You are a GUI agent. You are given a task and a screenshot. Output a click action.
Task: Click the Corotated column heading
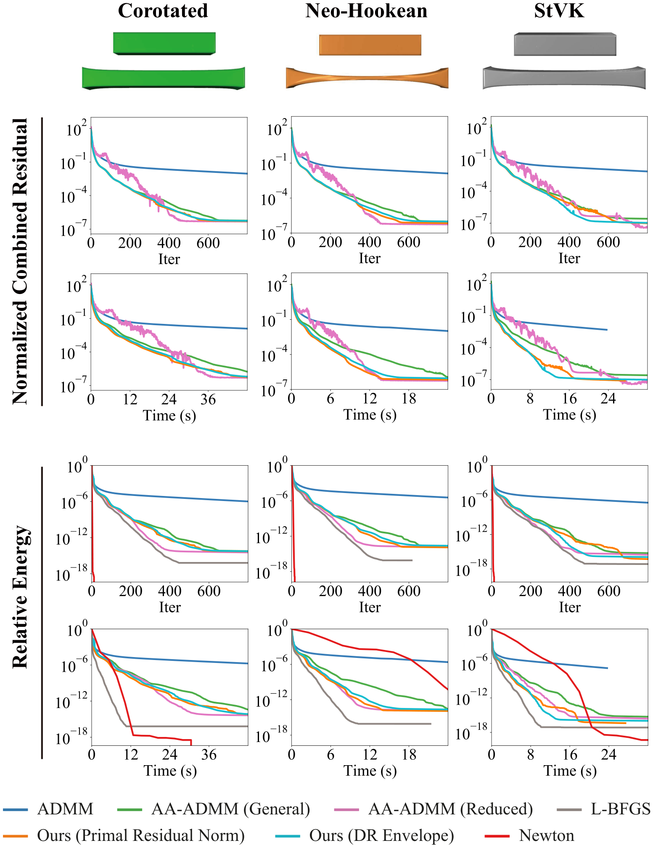tap(163, 11)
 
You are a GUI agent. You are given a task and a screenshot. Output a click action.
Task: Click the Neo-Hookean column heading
tap(366, 11)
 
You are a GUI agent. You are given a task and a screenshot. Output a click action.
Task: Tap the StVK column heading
tap(559, 11)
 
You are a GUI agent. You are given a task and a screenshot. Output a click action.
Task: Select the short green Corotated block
tap(164, 43)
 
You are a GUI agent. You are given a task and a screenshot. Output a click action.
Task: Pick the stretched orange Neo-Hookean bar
tap(367, 78)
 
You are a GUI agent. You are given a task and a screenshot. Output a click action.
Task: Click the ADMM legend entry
tap(48, 809)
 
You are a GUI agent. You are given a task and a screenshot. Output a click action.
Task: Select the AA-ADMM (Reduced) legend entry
tap(434, 809)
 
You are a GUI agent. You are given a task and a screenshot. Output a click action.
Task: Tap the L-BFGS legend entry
tap(603, 809)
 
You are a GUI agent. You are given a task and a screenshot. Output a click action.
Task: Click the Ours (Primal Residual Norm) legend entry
tap(124, 836)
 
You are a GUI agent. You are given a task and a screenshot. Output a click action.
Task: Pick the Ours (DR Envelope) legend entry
tap(365, 836)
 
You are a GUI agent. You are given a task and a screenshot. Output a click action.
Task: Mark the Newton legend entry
tap(529, 836)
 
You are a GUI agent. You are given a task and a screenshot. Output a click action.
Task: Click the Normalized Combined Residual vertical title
tap(20, 261)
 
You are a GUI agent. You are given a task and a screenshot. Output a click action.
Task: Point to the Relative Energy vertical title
tap(20, 597)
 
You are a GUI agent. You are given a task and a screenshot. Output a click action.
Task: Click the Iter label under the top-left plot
tap(169, 259)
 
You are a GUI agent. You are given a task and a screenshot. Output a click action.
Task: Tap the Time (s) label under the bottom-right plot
tap(570, 771)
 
